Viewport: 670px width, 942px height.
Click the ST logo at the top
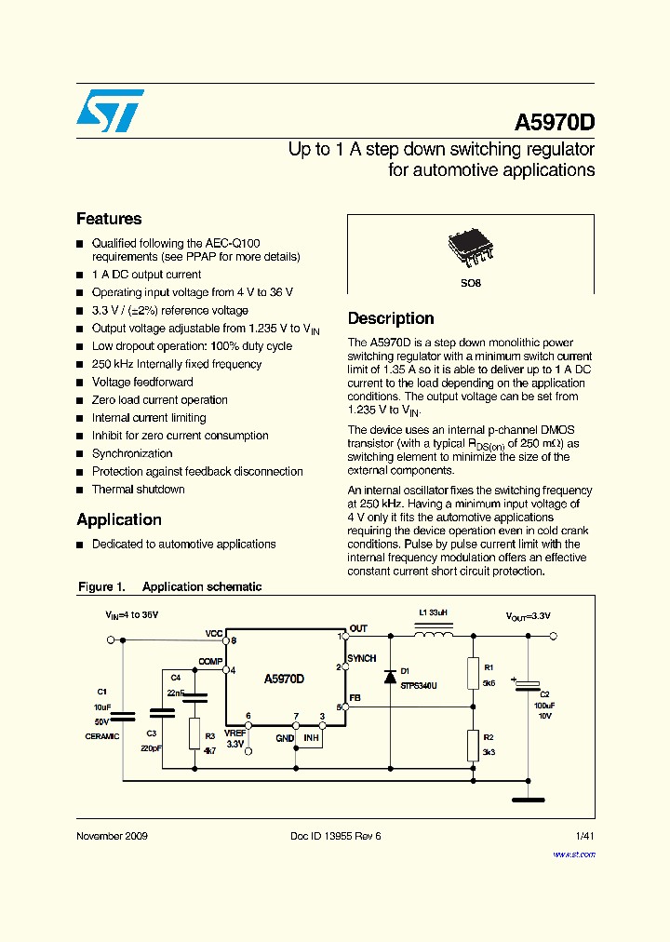click(x=110, y=111)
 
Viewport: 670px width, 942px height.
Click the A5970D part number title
click(x=554, y=124)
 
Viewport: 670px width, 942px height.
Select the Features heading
click(x=109, y=219)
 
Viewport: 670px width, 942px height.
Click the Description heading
click(x=391, y=318)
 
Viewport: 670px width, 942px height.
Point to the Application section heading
click(x=119, y=519)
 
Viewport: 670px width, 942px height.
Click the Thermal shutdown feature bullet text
click(x=138, y=490)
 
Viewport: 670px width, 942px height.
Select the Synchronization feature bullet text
click(x=132, y=453)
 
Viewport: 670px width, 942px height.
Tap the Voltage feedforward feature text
click(x=142, y=382)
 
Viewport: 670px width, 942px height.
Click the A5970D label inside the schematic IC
click(x=284, y=679)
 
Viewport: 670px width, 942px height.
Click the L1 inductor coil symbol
click(x=434, y=635)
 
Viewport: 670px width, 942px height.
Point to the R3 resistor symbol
click(x=194, y=733)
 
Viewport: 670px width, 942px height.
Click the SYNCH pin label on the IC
click(x=361, y=658)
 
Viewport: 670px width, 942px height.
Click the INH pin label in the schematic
click(x=311, y=738)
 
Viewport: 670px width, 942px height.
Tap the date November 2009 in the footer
click(x=112, y=836)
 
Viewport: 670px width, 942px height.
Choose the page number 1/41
click(x=583, y=836)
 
